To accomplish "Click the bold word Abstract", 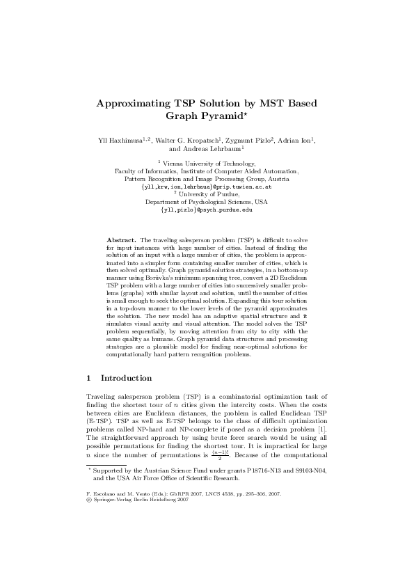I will click(121, 239).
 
